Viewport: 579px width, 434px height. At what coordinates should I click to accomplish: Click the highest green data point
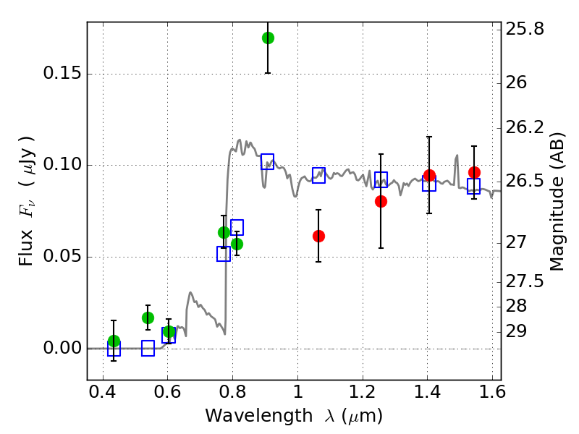click(x=268, y=38)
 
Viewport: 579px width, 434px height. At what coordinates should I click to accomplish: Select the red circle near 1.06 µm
click(x=318, y=236)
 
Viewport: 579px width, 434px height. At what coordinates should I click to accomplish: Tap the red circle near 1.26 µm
click(x=381, y=201)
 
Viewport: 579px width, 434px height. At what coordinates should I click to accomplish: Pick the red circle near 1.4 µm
click(x=429, y=175)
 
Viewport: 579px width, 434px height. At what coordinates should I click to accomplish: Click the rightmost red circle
click(x=474, y=172)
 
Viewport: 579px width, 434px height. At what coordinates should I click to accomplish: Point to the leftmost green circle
click(x=114, y=341)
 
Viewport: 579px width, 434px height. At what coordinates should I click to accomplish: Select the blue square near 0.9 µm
click(x=267, y=161)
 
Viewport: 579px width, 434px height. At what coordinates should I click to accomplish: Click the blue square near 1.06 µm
click(x=318, y=174)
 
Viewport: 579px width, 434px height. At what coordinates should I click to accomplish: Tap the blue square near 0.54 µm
click(x=148, y=349)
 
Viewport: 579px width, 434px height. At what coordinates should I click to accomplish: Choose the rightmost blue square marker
click(x=474, y=186)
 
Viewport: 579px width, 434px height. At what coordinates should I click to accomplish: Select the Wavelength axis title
click(x=293, y=416)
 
